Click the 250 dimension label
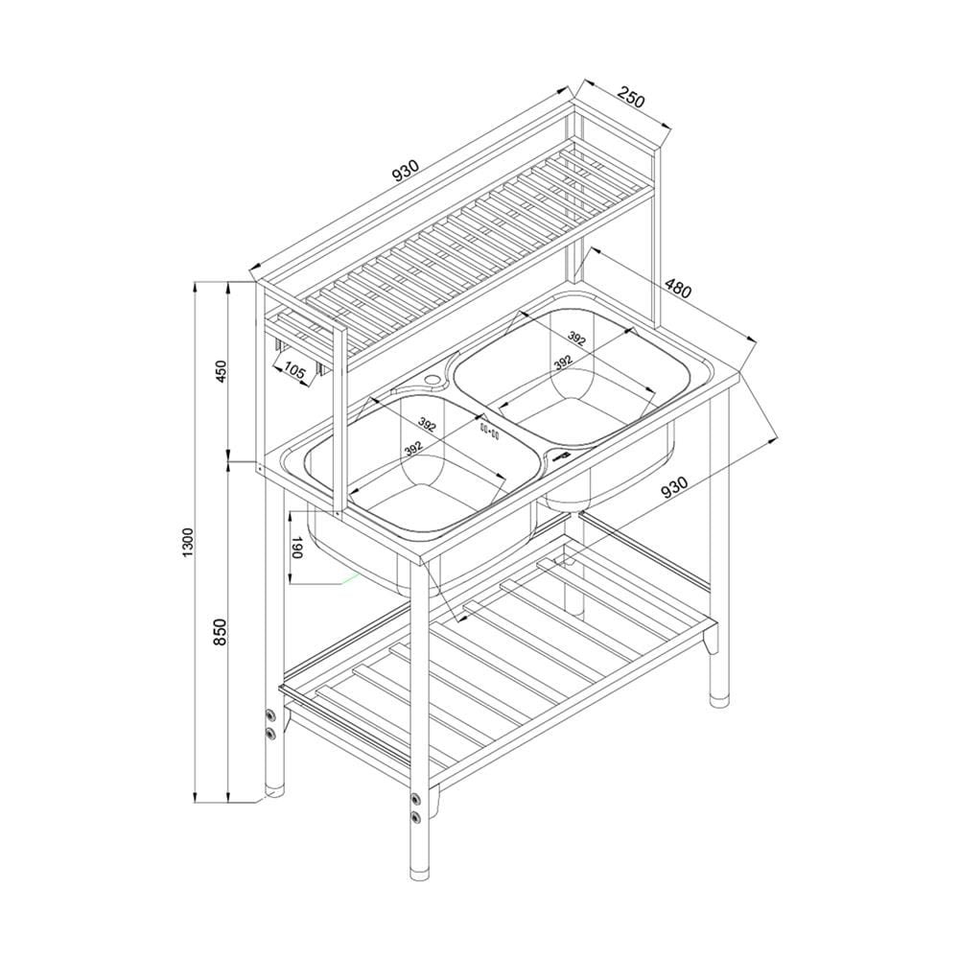coord(631,97)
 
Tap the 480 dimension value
coord(678,288)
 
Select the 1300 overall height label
coord(187,542)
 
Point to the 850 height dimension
coord(221,632)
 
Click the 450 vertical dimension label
coord(221,371)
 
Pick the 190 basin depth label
coord(298,545)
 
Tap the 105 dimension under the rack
coord(295,371)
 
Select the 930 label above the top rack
coord(406,172)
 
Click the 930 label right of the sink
coord(674,487)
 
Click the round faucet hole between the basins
coord(433,380)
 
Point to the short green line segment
coord(350,580)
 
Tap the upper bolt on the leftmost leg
coord(270,715)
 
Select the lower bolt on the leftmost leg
coord(270,732)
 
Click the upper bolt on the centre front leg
coord(417,800)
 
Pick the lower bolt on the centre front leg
coord(417,816)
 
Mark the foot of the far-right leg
coord(719,700)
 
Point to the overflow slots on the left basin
coord(490,431)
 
